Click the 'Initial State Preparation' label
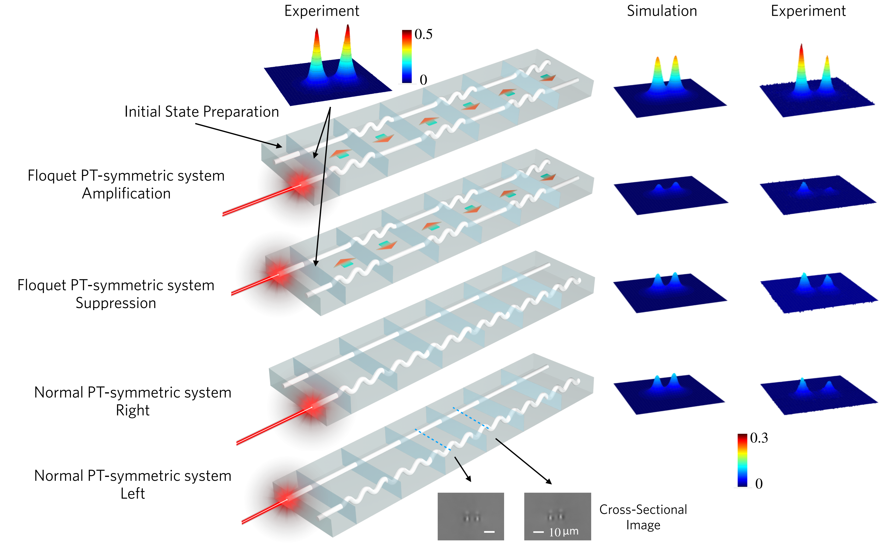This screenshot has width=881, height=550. click(201, 112)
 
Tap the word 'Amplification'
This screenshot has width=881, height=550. click(126, 193)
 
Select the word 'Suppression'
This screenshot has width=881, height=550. click(116, 303)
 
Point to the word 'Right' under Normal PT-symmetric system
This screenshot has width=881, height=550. click(132, 410)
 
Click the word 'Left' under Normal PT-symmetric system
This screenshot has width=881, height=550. click(132, 494)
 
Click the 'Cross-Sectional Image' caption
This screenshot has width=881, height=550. click(643, 517)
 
